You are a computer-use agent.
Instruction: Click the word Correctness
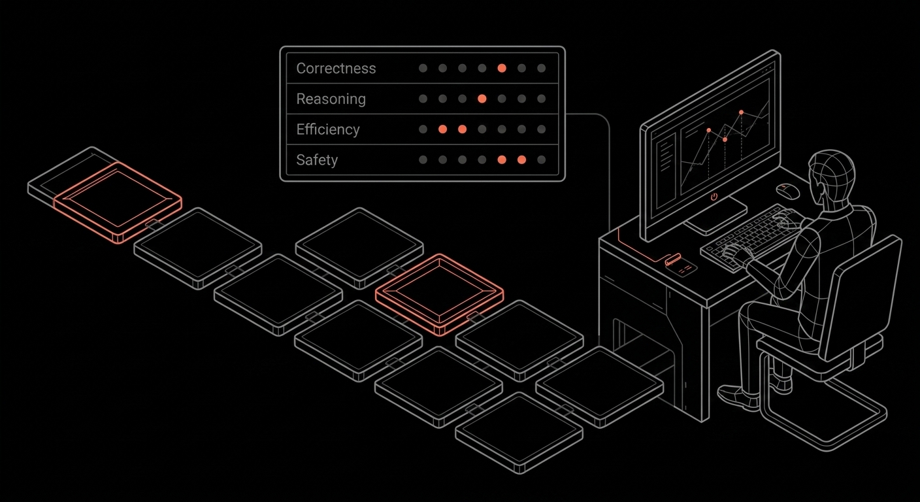(x=336, y=69)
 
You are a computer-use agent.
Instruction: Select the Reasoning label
(x=331, y=99)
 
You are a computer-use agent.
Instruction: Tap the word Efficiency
(x=328, y=129)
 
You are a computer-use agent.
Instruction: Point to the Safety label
(x=317, y=159)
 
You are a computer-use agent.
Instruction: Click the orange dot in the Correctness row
(x=502, y=68)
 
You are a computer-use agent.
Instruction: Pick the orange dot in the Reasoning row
(x=482, y=99)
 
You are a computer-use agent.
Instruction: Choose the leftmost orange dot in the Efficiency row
(x=442, y=129)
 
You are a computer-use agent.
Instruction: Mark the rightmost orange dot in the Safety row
(x=521, y=159)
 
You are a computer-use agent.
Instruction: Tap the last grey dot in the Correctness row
(x=541, y=68)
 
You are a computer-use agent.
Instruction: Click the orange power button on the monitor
(x=714, y=195)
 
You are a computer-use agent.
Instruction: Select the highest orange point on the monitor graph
(x=741, y=112)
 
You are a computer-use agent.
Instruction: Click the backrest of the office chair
(x=862, y=294)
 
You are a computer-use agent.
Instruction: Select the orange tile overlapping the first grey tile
(x=118, y=201)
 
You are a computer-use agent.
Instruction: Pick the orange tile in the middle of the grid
(x=439, y=293)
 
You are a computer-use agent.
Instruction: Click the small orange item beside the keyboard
(x=672, y=259)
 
